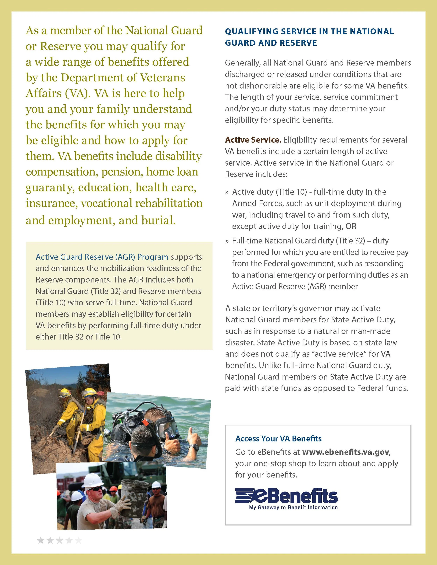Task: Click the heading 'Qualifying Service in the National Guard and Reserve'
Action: (x=309, y=37)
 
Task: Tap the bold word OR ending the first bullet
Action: (x=351, y=226)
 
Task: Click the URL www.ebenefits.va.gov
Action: (x=346, y=452)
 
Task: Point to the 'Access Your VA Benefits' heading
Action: (x=278, y=439)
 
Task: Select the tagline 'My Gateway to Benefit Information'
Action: (x=293, y=508)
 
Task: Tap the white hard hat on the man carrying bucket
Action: (x=94, y=480)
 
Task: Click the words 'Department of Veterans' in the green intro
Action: (x=123, y=78)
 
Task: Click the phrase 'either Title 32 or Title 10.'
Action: (x=79, y=337)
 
